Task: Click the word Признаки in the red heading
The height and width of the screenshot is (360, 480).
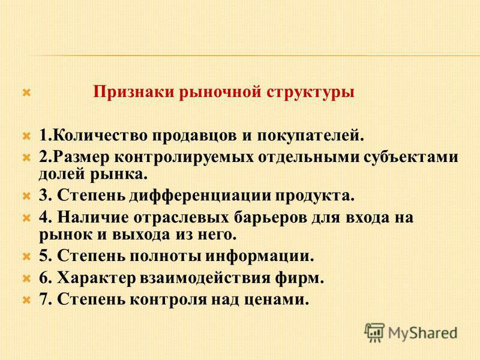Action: point(133,92)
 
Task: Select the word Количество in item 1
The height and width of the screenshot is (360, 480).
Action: point(100,136)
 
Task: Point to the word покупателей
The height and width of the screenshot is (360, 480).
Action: point(310,136)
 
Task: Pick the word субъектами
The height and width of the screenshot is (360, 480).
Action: point(411,157)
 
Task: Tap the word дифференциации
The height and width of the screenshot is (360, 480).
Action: point(200,196)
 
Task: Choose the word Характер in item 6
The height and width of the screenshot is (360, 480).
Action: point(97,278)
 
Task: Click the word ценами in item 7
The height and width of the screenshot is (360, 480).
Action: point(277,300)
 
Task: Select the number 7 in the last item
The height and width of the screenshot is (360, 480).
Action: point(43,299)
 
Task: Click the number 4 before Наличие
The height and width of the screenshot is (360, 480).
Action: point(43,217)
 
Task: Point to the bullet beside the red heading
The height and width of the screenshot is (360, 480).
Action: point(26,92)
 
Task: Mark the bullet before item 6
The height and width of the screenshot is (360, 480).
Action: point(26,278)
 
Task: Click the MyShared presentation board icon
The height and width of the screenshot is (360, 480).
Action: point(374,332)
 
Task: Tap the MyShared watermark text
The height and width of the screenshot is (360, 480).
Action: point(423,334)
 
